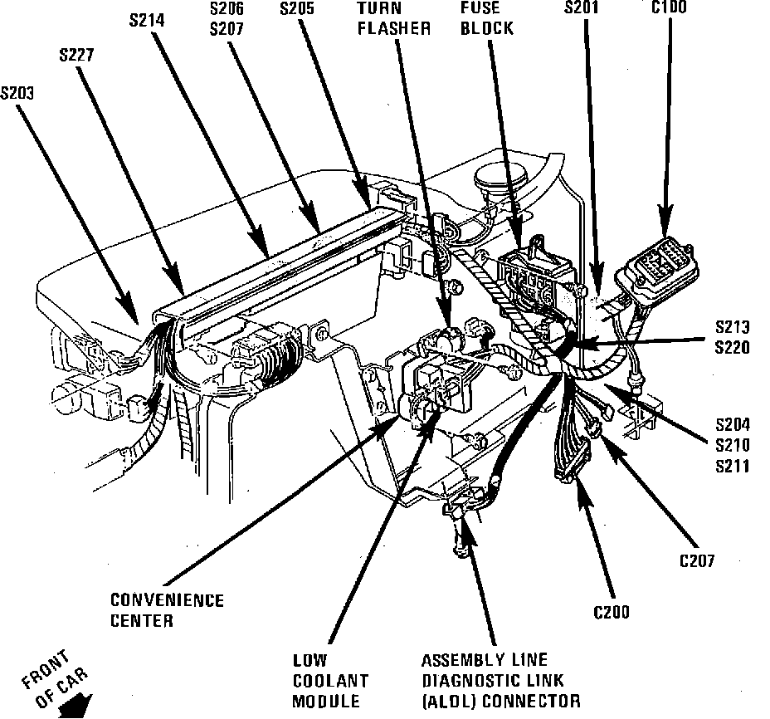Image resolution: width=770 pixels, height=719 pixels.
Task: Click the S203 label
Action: [18, 93]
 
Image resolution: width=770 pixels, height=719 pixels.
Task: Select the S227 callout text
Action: [76, 56]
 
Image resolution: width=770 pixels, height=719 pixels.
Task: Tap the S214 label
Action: [148, 17]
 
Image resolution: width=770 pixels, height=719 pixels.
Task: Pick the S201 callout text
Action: [581, 9]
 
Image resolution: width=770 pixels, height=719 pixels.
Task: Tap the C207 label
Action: [697, 560]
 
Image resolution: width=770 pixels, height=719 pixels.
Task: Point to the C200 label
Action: [611, 613]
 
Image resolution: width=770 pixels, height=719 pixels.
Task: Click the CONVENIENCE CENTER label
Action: [167, 609]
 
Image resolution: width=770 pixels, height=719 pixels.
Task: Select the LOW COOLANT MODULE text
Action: [327, 681]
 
